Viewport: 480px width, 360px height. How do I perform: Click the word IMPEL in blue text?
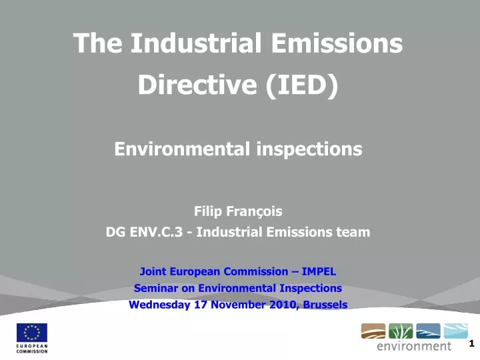coord(319,271)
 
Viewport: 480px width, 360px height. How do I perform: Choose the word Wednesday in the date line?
coord(159,305)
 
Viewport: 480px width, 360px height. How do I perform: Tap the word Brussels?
coord(325,305)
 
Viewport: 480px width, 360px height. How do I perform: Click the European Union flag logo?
coord(31,333)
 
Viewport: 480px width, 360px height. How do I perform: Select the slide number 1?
coord(471,344)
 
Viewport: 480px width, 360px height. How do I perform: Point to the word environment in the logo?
coord(414,346)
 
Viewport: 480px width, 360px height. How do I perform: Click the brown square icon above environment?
coord(373,331)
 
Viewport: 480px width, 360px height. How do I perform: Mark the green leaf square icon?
coord(400,331)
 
